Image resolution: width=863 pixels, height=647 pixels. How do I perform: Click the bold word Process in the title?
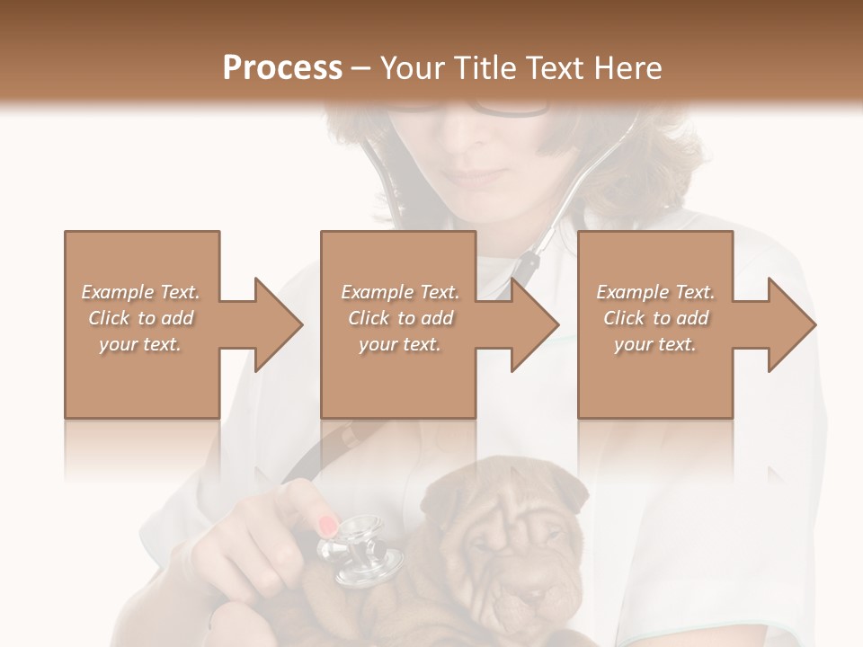click(282, 67)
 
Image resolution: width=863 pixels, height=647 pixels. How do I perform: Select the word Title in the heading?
click(483, 67)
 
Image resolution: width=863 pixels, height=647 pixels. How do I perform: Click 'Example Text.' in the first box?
click(141, 292)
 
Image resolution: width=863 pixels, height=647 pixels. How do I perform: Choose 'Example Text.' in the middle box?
click(400, 292)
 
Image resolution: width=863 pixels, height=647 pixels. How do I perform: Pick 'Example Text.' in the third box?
click(655, 292)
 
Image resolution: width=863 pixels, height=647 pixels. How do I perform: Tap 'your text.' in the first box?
click(141, 344)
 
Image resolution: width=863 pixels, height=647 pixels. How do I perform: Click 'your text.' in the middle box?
click(400, 344)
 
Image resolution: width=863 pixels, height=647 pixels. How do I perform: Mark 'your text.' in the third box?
click(655, 344)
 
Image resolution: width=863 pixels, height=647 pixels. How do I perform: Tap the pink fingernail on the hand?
click(329, 526)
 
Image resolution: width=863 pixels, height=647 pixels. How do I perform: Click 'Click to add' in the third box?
click(655, 318)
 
